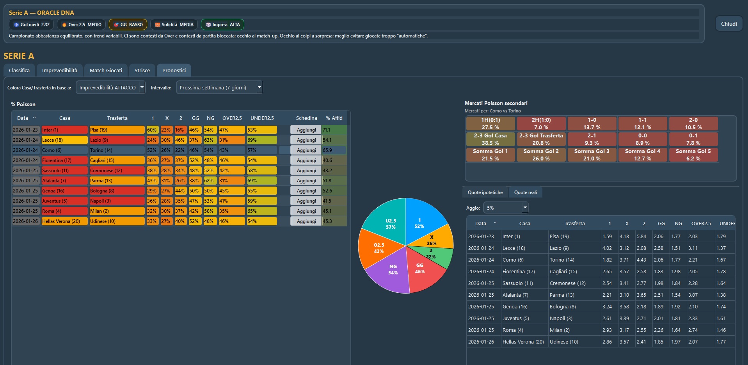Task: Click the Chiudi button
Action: pos(728,24)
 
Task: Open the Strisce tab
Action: pos(142,70)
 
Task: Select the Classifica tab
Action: pos(19,70)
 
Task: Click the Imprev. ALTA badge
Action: pos(222,25)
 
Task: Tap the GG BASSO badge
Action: pos(128,25)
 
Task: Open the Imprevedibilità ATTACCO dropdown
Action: pos(110,87)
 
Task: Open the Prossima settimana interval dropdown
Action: pos(219,87)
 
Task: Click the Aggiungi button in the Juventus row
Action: pos(306,201)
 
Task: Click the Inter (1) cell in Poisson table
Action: pos(64,130)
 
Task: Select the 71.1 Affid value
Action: pos(334,130)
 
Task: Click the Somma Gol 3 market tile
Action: pos(592,155)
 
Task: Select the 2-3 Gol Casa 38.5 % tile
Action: pos(490,139)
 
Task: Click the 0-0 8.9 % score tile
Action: pos(642,139)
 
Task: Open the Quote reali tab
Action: pos(525,192)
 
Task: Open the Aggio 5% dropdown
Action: pos(506,208)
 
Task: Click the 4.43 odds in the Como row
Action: pos(641,260)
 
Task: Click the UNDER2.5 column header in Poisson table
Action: pos(262,118)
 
